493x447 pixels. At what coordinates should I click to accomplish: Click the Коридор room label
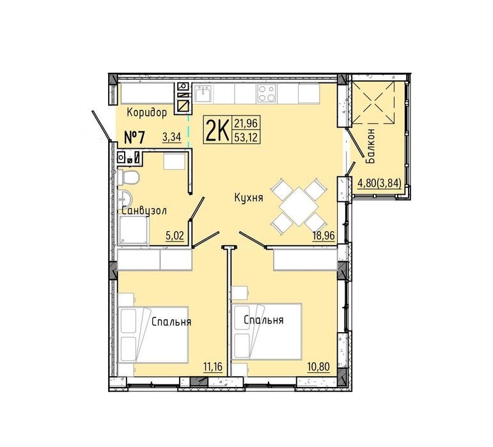147,112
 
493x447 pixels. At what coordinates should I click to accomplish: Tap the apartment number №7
134,137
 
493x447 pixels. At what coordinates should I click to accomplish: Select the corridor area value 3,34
171,137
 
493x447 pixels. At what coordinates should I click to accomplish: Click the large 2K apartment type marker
217,130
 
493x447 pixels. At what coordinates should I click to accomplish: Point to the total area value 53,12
246,137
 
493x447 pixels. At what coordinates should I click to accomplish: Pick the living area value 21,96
246,123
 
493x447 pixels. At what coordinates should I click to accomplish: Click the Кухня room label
249,198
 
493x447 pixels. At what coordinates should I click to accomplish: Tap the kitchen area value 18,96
323,235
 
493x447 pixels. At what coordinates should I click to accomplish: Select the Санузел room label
145,211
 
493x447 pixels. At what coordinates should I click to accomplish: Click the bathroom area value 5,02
175,236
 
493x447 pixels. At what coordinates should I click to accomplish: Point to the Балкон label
371,146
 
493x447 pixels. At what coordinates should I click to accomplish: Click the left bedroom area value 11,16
213,367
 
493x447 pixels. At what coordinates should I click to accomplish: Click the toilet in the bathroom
128,178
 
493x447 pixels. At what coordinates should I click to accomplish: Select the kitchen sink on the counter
203,93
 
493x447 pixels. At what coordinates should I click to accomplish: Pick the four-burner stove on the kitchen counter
267,93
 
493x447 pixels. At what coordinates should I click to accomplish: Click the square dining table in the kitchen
299,207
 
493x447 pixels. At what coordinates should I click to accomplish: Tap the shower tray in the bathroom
133,230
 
